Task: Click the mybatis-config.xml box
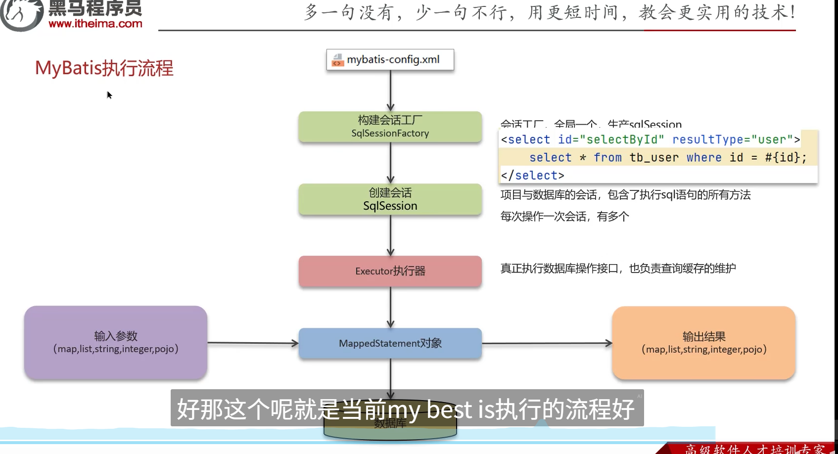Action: click(390, 60)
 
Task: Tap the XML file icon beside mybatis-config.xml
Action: click(337, 60)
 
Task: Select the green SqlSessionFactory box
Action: click(390, 127)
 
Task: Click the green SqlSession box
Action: click(390, 199)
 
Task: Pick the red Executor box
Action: click(390, 271)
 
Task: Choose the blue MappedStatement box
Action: click(390, 343)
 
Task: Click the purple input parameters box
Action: click(116, 342)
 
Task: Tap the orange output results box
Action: click(703, 343)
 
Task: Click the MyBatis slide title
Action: click(104, 68)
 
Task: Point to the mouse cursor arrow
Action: click(109, 94)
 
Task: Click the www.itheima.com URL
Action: click(95, 23)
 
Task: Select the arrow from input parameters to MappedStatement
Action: click(252, 343)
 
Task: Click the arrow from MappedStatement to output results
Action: click(547, 343)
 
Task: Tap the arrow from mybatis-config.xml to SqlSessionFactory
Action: click(390, 91)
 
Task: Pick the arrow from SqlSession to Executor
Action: click(390, 235)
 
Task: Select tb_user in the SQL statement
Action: click(654, 158)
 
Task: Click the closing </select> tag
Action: click(532, 176)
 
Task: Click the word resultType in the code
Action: click(707, 140)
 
